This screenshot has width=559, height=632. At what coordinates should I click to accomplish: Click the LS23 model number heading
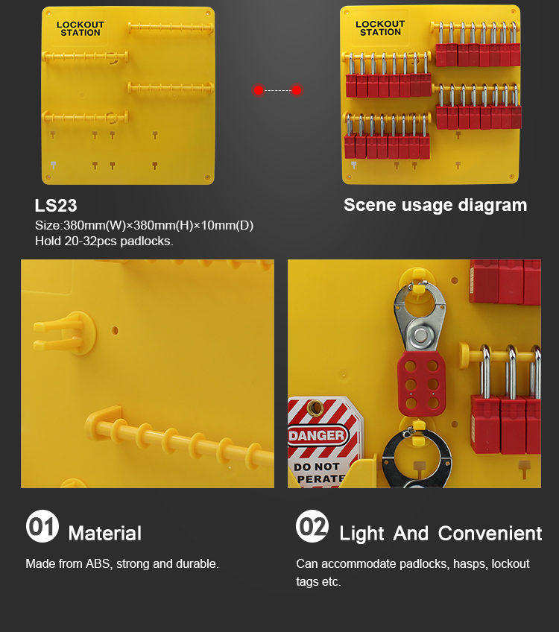(x=56, y=206)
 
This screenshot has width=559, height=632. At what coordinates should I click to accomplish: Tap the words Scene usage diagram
(x=435, y=205)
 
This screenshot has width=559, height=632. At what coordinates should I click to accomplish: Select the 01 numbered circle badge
(x=42, y=526)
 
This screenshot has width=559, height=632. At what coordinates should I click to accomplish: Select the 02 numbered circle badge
(x=312, y=526)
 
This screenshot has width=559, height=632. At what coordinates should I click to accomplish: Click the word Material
(x=105, y=534)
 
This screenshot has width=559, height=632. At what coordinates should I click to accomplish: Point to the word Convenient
(x=490, y=534)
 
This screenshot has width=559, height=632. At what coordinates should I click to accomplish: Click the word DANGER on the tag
(x=317, y=435)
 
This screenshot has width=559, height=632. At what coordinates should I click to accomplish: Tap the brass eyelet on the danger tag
(x=315, y=408)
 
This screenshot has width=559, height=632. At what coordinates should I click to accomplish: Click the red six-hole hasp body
(x=421, y=383)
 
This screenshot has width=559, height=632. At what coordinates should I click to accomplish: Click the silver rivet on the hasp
(x=421, y=335)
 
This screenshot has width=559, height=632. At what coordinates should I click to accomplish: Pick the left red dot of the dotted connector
(x=259, y=90)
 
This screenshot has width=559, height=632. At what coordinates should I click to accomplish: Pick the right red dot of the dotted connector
(x=297, y=90)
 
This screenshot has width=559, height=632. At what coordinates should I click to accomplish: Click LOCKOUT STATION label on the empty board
(x=80, y=28)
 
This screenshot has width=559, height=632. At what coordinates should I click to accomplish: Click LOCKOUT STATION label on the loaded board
(x=380, y=28)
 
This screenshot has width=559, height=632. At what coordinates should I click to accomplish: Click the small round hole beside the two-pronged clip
(x=115, y=330)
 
